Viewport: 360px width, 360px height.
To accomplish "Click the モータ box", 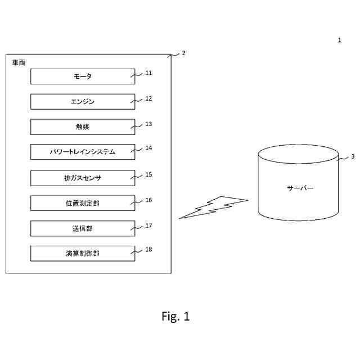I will coord(83,76).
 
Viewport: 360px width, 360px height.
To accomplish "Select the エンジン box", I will coord(83,102).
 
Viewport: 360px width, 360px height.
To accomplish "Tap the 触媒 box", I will coord(83,127).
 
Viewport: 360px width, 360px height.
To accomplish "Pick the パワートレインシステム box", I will coord(83,152).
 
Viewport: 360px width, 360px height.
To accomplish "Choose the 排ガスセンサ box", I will coord(83,178).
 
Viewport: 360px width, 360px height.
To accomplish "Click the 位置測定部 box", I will coord(83,203).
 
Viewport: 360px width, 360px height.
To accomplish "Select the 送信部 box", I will coord(83,228).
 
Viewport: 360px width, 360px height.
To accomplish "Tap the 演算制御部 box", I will coord(83,253).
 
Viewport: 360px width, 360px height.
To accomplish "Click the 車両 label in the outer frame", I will coord(19,62).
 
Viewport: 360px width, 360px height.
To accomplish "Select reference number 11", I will coord(148,73).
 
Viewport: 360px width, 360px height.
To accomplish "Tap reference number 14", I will coord(148,148).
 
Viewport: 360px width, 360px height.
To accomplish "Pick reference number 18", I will coord(148,249).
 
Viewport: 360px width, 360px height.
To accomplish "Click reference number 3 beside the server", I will coord(352,157).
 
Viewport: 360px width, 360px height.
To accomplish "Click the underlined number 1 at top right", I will coord(339,40).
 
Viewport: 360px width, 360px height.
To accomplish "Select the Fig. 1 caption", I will coord(175,317).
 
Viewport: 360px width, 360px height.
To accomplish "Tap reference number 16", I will coord(148,200).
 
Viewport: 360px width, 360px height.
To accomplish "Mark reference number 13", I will coord(148,124).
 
